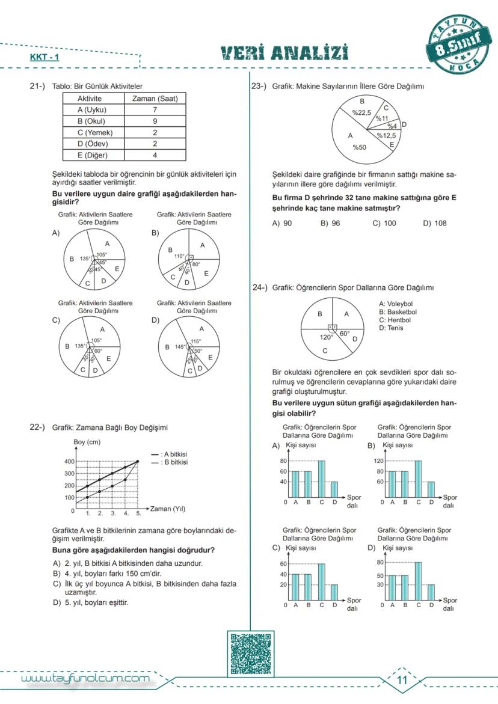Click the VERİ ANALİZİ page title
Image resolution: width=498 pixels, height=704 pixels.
(284, 54)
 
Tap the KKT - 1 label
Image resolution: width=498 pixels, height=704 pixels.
(45, 58)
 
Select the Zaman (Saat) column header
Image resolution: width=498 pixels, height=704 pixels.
(155, 99)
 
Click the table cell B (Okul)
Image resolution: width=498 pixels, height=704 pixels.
(91, 121)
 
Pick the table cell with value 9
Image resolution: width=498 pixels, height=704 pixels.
(155, 121)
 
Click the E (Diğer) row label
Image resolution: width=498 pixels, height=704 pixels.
(92, 155)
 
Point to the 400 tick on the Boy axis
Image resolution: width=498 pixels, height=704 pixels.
(69, 461)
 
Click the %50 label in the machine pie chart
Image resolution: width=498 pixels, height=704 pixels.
(359, 147)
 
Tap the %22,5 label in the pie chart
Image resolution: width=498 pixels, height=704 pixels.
(361, 112)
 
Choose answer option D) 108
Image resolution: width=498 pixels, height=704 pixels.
(434, 223)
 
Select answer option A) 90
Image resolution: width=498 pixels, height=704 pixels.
(282, 223)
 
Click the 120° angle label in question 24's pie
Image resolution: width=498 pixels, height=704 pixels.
(326, 337)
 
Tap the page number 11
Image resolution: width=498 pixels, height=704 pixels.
(402, 680)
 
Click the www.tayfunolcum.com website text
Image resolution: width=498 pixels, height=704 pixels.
(85, 679)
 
